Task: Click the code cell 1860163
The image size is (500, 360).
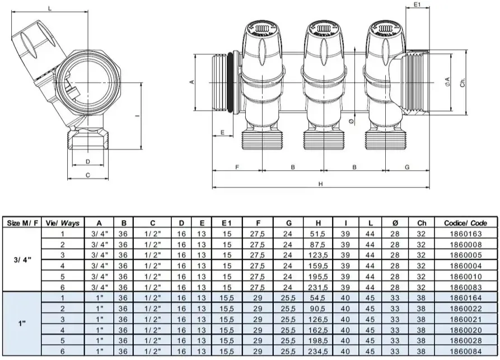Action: pyautogui.click(x=465, y=233)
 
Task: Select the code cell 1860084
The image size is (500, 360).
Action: pyautogui.click(x=465, y=352)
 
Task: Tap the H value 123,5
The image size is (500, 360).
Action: pyautogui.click(x=318, y=255)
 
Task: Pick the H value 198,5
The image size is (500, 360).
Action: pyautogui.click(x=318, y=340)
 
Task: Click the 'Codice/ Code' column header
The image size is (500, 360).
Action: pyautogui.click(x=465, y=223)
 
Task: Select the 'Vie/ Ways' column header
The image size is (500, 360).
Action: pyautogui.click(x=63, y=223)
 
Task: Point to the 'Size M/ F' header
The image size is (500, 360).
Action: pyautogui.click(x=22, y=223)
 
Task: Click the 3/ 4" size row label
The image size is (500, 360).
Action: pyautogui.click(x=22, y=260)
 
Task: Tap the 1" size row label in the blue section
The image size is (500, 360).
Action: pyautogui.click(x=22, y=324)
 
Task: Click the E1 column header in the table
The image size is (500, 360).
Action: pyautogui.click(x=227, y=223)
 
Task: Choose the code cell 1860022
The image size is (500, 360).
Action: pyautogui.click(x=465, y=308)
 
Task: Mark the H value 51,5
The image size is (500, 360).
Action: pyautogui.click(x=318, y=233)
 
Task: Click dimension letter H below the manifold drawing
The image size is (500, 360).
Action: pyautogui.click(x=320, y=184)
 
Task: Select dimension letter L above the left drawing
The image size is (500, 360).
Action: pyautogui.click(x=50, y=8)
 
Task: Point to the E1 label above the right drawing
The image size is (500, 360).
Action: pyautogui.click(x=417, y=4)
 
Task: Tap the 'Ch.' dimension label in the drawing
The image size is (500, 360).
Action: pyautogui.click(x=463, y=82)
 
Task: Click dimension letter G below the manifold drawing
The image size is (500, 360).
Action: pyautogui.click(x=407, y=167)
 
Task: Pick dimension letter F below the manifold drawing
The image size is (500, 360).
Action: pyautogui.click(x=237, y=167)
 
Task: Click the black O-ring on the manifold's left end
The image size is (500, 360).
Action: pyautogui.click(x=230, y=83)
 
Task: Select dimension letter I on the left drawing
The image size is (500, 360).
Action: pyautogui.click(x=137, y=115)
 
